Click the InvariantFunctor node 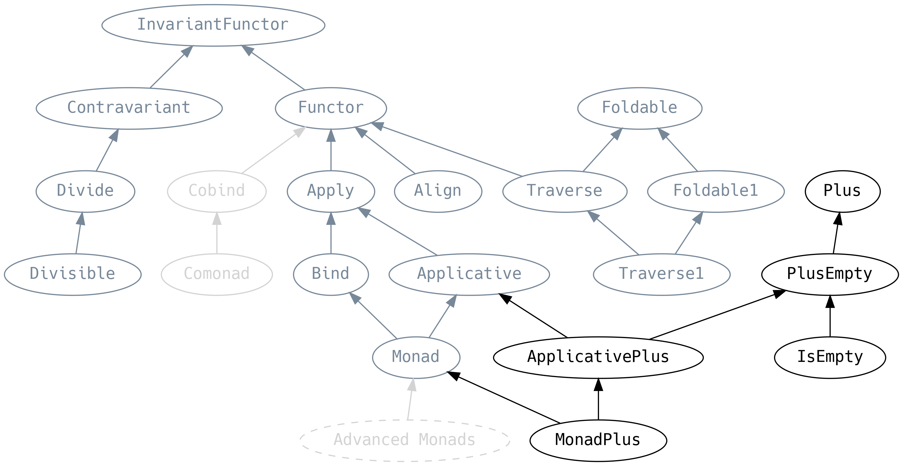click(213, 25)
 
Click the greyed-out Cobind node click(217, 192)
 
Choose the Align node click(438, 192)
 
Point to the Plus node click(842, 192)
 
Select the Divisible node click(72, 274)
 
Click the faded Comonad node click(217, 274)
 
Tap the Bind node click(331, 274)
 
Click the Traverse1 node click(661, 274)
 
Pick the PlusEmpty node click(830, 274)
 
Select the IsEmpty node click(830, 357)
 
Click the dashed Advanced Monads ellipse click(405, 440)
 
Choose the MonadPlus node click(598, 440)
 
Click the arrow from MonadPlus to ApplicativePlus click(598, 399)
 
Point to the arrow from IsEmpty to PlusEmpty click(830, 316)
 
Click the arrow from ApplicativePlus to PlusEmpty click(717, 315)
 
